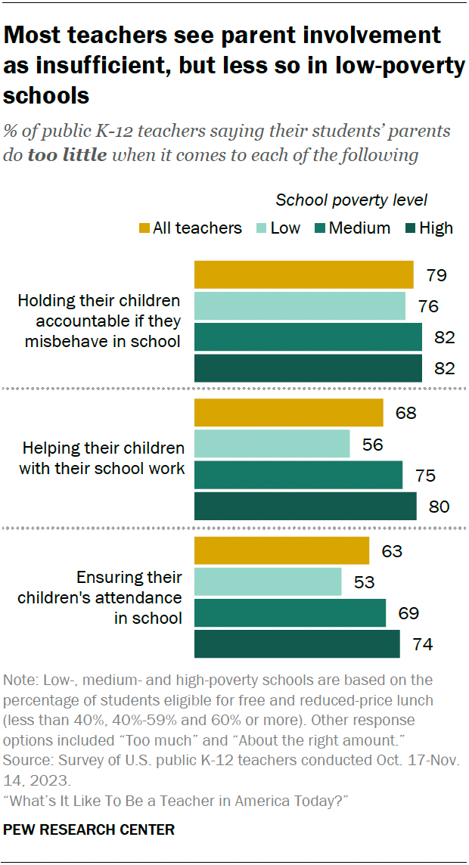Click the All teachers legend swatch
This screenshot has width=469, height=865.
(144, 228)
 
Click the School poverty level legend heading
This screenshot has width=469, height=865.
(351, 200)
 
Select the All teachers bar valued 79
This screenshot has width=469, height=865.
(304, 274)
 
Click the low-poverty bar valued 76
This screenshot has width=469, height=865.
(300, 305)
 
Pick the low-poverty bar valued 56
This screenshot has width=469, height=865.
(272, 444)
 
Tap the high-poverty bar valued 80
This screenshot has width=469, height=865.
(306, 506)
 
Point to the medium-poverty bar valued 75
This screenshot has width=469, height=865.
(298, 475)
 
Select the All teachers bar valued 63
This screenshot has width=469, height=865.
(281, 550)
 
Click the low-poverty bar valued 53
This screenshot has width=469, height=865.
(268, 581)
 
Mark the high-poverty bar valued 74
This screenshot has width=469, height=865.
(297, 643)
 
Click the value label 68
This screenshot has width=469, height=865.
(405, 413)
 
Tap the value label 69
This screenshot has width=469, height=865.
(408, 612)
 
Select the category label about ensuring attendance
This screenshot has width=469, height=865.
(129, 597)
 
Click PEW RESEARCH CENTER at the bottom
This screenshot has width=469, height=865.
(89, 829)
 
